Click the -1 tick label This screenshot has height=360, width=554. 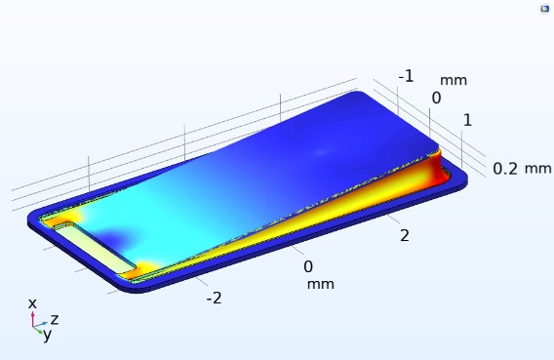(406, 76)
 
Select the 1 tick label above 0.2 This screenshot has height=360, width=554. (467, 120)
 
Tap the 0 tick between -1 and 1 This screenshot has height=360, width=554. (436, 98)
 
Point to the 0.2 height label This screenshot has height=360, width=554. (505, 169)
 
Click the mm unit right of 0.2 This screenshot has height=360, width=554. (537, 169)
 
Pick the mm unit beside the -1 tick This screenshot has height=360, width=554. (454, 81)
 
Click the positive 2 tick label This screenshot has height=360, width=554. (405, 236)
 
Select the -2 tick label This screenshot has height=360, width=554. (215, 299)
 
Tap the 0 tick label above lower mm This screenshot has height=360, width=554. (308, 266)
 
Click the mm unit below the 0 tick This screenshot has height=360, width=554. (321, 285)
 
